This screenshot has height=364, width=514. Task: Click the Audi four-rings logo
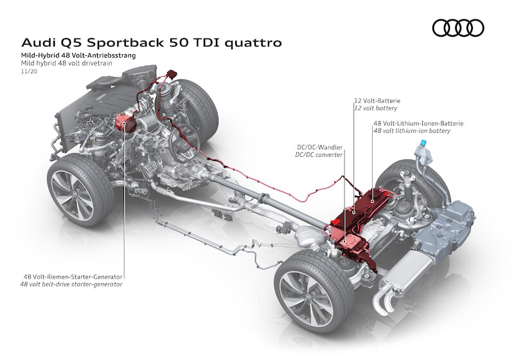457,28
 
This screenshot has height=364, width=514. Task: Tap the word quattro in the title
251,43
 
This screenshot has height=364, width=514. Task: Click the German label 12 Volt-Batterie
377,101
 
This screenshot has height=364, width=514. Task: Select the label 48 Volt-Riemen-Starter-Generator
71,277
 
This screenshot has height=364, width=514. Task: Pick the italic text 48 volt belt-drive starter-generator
71,284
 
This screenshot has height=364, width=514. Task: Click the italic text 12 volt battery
376,109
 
